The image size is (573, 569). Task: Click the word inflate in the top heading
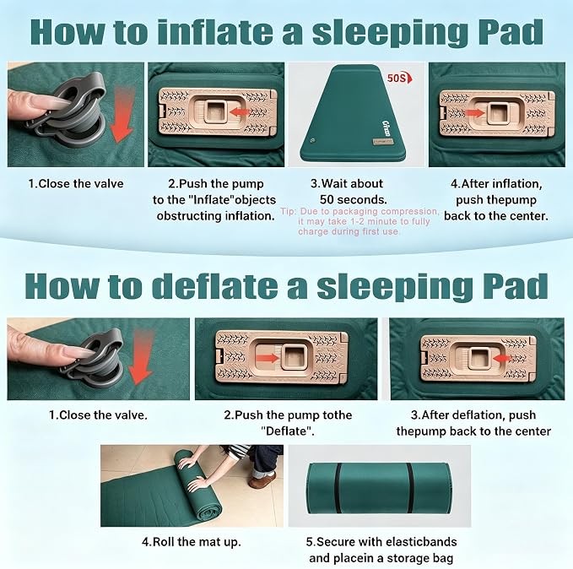coord(215,32)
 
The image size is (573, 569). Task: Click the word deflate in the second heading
coord(215,286)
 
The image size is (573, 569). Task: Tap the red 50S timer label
coord(399,78)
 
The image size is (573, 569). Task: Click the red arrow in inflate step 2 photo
coord(238,111)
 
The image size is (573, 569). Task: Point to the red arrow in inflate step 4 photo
coord(476,112)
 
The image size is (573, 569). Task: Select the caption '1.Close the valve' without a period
coord(76,183)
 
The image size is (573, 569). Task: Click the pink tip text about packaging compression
coord(360,221)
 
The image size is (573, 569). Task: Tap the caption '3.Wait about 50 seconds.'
coord(348,192)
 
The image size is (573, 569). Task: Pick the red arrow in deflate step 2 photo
coord(268,357)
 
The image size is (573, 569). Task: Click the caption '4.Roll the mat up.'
coord(191,541)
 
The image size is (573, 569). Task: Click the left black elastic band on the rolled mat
coord(338,488)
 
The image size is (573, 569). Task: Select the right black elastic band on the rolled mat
coord(410,488)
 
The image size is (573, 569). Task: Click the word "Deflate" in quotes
coord(288,431)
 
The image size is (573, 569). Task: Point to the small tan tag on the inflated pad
coord(380,141)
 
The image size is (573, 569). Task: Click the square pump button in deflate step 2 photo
coord(295,355)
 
